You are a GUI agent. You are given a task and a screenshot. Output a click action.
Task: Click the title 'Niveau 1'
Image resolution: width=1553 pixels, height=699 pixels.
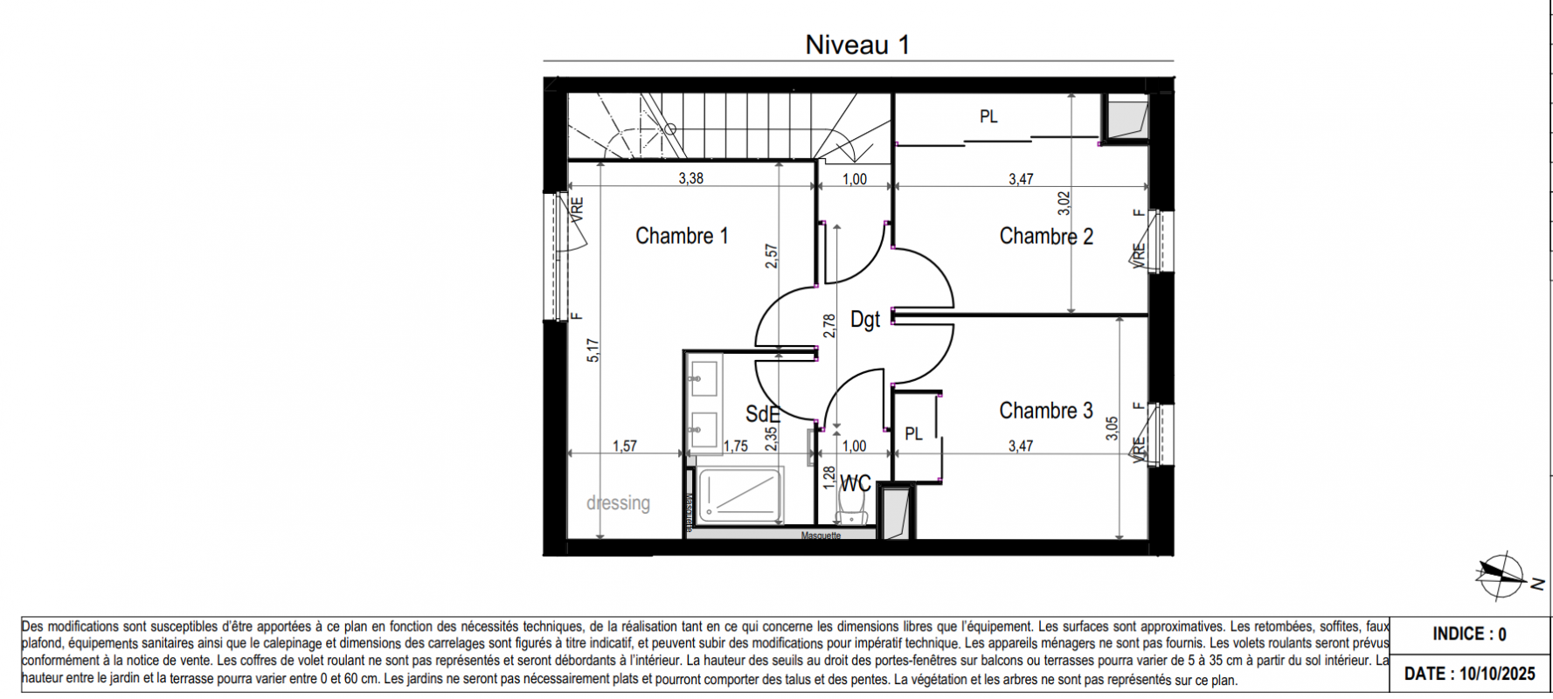click(857, 45)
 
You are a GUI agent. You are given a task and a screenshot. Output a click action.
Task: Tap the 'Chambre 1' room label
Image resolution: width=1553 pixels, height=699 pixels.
click(682, 236)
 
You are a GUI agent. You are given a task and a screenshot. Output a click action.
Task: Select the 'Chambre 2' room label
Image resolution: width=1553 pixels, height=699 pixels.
click(1046, 236)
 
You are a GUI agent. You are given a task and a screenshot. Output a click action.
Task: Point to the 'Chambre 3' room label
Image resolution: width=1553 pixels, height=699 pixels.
click(1046, 411)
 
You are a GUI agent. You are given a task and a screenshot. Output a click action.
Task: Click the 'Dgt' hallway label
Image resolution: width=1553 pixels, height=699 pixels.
click(865, 320)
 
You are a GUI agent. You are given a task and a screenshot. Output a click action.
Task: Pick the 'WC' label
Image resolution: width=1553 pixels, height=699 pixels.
click(856, 483)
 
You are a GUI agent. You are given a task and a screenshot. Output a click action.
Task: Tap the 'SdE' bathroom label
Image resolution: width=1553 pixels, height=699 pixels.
click(762, 414)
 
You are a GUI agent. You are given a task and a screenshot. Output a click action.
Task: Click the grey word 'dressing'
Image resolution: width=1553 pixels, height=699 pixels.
click(619, 503)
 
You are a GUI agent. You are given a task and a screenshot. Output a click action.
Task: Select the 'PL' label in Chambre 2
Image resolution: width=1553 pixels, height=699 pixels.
click(988, 116)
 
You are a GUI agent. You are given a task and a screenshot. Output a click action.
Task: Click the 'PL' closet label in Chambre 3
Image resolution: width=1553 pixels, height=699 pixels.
click(914, 433)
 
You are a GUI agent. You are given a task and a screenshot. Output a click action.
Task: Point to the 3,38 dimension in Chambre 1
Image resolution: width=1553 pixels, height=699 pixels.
click(690, 178)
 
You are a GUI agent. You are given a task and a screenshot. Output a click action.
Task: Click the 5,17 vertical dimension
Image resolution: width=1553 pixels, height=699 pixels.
click(593, 351)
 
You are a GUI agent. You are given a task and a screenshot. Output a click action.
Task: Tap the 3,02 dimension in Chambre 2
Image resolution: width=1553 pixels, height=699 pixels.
click(1064, 204)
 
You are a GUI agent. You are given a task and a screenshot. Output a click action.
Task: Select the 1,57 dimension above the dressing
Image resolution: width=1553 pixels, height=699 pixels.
click(625, 446)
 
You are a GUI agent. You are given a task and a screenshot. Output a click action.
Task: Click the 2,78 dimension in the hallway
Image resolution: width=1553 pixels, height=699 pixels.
click(830, 326)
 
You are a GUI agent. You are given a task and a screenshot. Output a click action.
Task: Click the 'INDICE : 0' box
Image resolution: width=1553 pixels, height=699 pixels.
click(1469, 634)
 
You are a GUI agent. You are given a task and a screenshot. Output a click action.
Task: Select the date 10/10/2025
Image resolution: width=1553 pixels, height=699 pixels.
click(1495, 674)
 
